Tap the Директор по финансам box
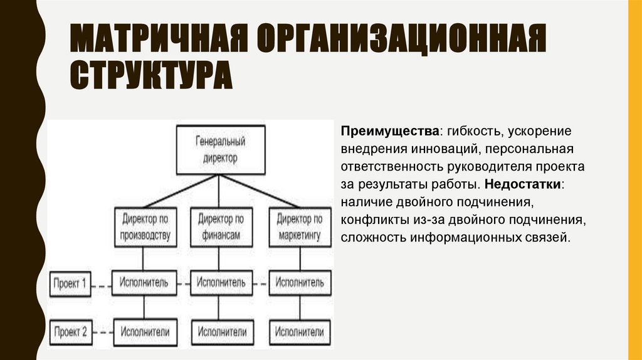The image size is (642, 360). coord(220,228)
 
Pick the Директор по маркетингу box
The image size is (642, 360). coord(299,228)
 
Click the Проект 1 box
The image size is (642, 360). coord(70,283)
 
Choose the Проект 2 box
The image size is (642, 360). coord(70,331)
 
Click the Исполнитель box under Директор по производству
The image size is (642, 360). coord(144,283)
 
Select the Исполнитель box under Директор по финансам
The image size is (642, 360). coord(221,283)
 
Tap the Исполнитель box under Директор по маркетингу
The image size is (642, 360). coord(299,283)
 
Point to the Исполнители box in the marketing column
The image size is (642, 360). coord(299,331)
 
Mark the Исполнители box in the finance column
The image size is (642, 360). coord(221,331)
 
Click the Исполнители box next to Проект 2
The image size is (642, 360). coord(144,331)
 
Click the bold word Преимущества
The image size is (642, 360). coord(389,132)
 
